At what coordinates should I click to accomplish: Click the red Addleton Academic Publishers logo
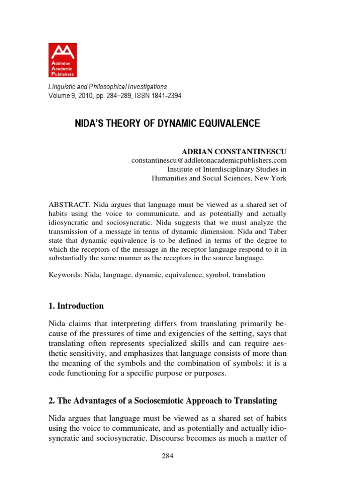62,60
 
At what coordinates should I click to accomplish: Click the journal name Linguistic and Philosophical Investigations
108,87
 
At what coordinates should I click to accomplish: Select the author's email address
209,160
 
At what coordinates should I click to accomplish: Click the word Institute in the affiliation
181,169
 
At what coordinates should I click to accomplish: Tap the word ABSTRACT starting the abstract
69,205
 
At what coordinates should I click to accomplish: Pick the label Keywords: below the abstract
65,275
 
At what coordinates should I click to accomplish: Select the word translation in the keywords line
247,275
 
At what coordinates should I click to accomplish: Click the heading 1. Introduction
76,306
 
